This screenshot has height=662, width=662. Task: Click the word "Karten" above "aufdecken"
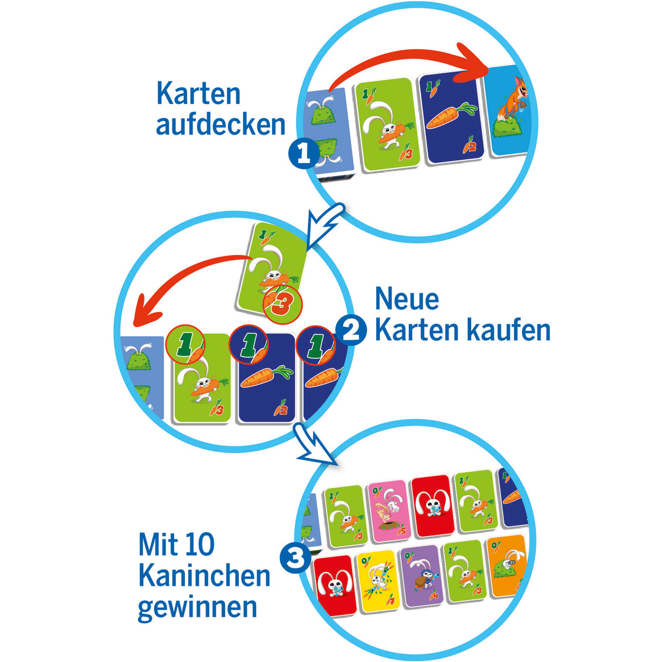tap(198, 94)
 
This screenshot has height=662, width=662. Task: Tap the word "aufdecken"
tap(221, 124)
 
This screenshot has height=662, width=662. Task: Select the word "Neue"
tap(407, 299)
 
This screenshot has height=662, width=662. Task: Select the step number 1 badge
tap(303, 155)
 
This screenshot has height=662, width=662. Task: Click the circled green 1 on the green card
tap(185, 345)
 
